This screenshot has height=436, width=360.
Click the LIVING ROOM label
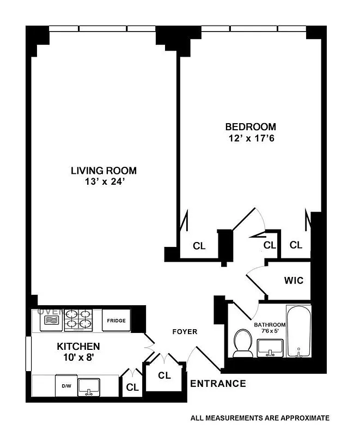pyautogui.click(x=103, y=170)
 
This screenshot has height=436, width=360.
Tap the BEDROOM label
pyautogui.click(x=251, y=127)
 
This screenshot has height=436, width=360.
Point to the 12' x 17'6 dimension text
pyautogui.click(x=251, y=138)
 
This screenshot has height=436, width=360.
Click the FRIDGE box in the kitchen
pyautogui.click(x=116, y=321)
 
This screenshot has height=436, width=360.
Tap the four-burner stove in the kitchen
pyautogui.click(x=79, y=320)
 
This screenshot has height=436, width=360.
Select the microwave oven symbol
pyautogui.click(x=51, y=320)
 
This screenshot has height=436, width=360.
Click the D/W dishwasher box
pyautogui.click(x=66, y=386)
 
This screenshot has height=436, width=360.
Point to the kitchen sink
pyautogui.click(x=90, y=386)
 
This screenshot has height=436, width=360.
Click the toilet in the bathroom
pyautogui.click(x=241, y=343)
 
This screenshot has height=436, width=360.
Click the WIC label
pyautogui.click(x=293, y=281)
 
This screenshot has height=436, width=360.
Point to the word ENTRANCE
pyautogui.click(x=218, y=384)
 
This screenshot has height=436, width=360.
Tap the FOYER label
pyautogui.click(x=185, y=331)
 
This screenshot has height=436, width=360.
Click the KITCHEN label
pyautogui.click(x=78, y=346)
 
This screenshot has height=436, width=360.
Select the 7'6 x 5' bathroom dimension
pyautogui.click(x=269, y=331)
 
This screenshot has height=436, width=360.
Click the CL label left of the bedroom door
pyautogui.click(x=199, y=246)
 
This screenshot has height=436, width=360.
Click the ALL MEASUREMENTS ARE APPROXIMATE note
pyautogui.click(x=260, y=419)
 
